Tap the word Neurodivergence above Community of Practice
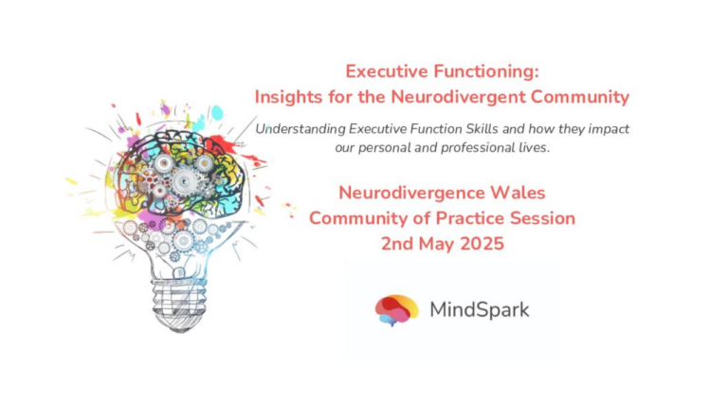pos(396,194)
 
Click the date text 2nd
pos(397,243)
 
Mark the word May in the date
pos(445,243)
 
